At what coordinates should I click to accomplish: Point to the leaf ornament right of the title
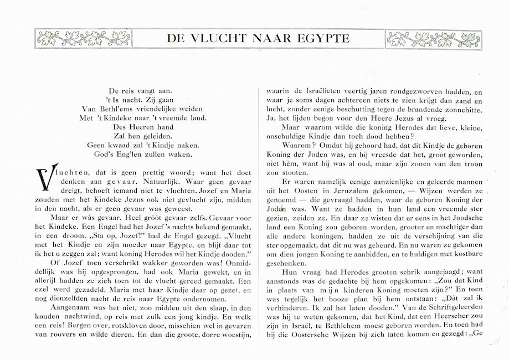click(x=433, y=38)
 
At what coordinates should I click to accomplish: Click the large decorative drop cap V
click(x=43, y=178)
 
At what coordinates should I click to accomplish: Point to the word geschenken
click(x=288, y=262)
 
